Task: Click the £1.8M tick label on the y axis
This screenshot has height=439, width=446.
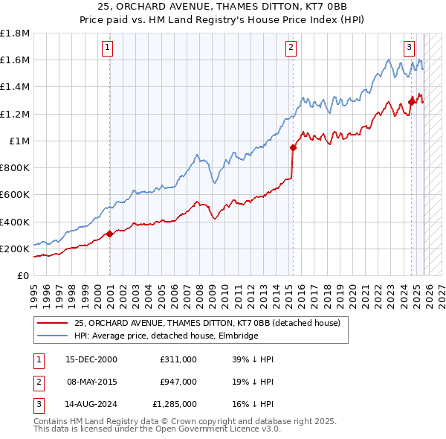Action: coord(15,33)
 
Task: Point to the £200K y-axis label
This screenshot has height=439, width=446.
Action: coord(15,249)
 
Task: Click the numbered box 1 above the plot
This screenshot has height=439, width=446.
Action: coord(108,48)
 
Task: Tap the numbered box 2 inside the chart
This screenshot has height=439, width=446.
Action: coord(291,48)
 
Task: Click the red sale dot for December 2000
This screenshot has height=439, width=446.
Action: coord(109,234)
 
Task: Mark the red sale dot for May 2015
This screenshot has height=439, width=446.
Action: coord(293,147)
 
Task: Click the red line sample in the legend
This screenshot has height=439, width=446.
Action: coord(53,323)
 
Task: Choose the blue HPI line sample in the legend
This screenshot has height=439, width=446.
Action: coord(53,336)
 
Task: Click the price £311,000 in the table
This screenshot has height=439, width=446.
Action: coord(178,359)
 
